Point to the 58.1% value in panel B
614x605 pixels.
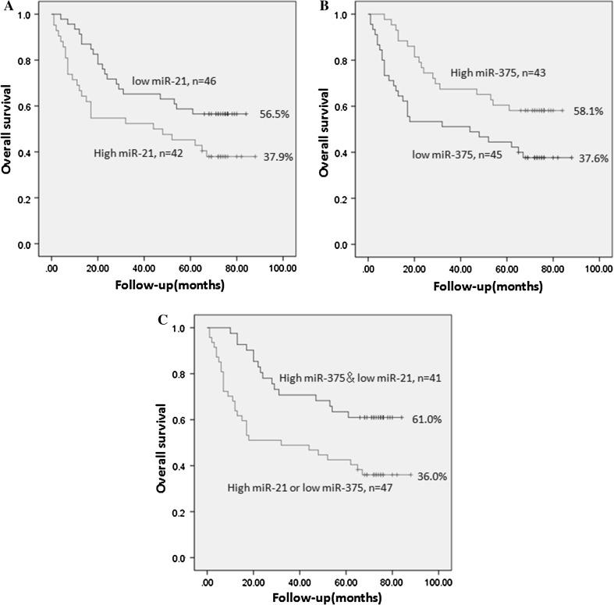(x=587, y=111)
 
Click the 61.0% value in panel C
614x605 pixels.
(x=426, y=419)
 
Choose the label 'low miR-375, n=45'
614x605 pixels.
(x=456, y=155)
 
